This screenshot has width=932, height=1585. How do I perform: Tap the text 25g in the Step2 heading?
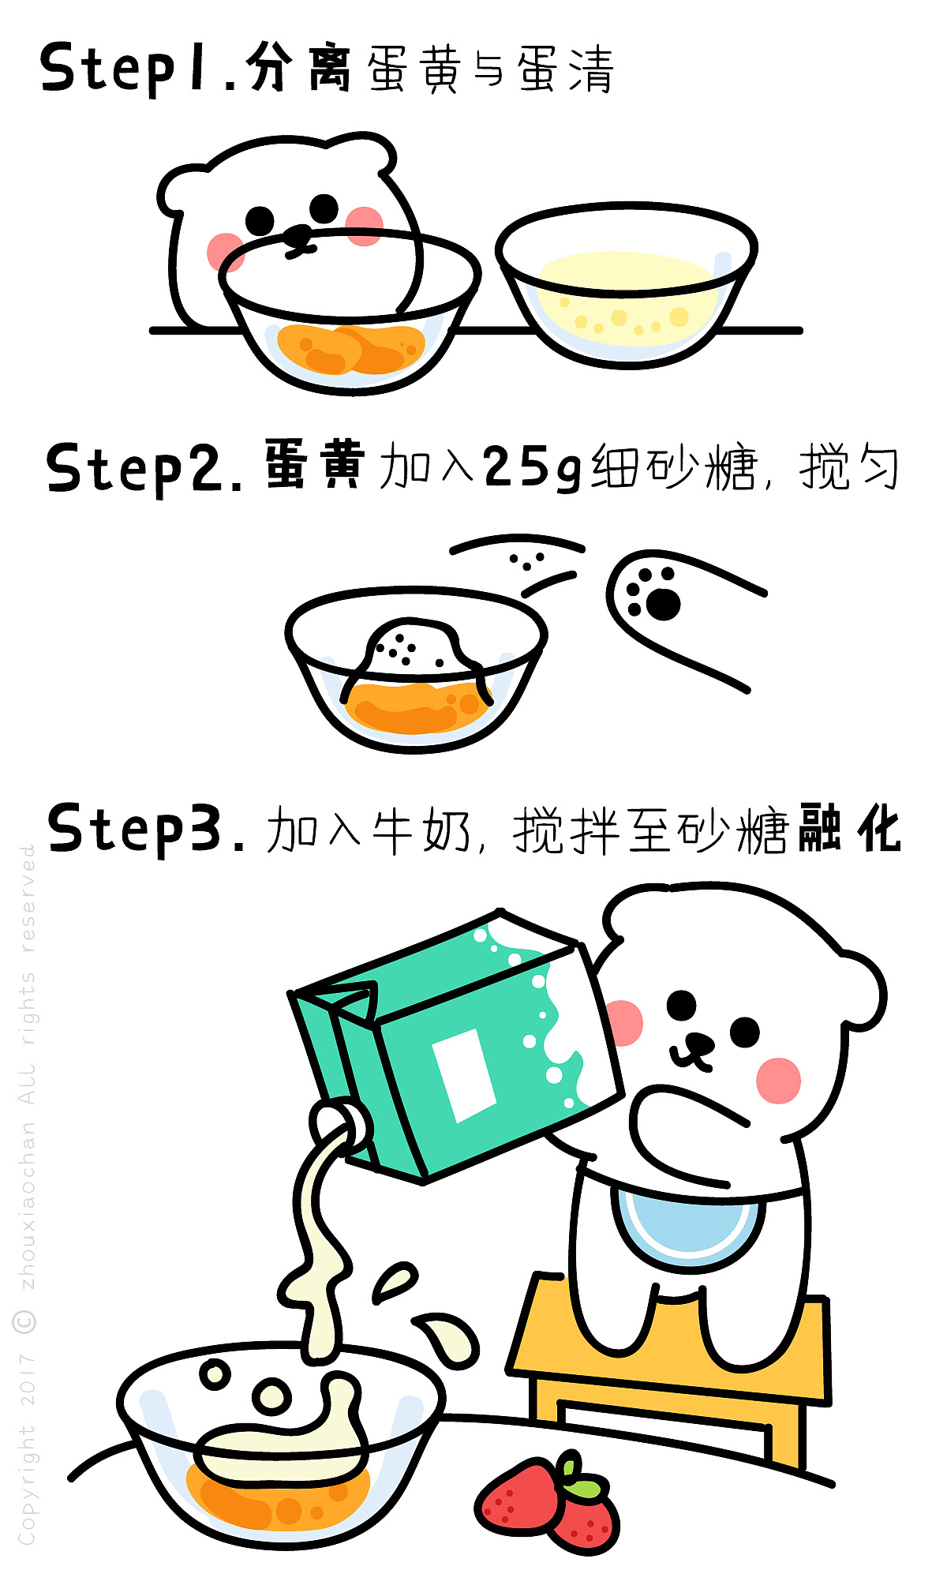click(x=532, y=467)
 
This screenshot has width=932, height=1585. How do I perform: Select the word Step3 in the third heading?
click(x=147, y=829)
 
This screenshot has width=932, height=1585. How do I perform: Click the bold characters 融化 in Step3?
click(x=849, y=829)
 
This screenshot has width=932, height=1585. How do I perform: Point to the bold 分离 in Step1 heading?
click(x=298, y=67)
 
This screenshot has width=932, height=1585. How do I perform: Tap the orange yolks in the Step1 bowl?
click(x=351, y=348)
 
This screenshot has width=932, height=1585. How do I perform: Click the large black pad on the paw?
click(x=664, y=605)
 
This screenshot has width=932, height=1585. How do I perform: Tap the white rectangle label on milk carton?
click(x=464, y=1074)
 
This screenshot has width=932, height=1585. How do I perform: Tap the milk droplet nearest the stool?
click(x=449, y=1337)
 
